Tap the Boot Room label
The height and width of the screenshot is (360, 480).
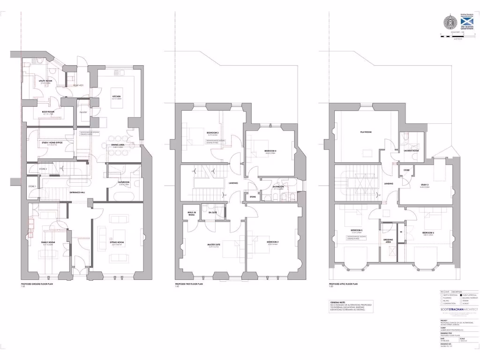click(48, 112)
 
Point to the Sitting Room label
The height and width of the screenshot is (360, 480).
click(116, 243)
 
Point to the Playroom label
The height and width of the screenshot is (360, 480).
click(366, 133)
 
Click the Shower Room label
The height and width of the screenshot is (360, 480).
click(411, 150)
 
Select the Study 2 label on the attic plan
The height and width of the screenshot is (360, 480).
click(412, 185)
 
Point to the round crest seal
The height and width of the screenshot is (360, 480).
click(449, 22)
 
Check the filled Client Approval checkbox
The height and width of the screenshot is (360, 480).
click(461, 295)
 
